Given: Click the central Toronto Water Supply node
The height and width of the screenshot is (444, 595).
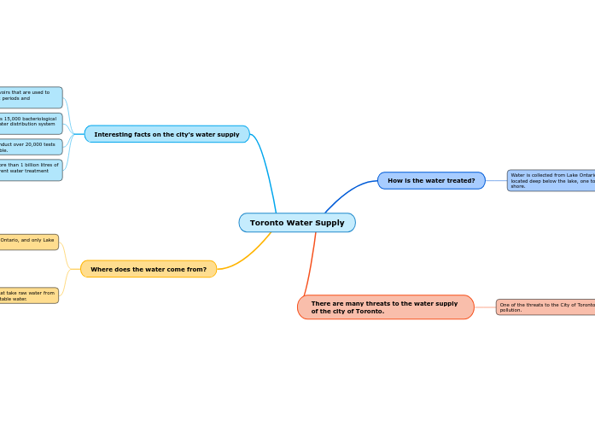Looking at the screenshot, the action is [x=297, y=223].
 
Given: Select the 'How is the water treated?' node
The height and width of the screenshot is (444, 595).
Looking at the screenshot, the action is [x=431, y=180].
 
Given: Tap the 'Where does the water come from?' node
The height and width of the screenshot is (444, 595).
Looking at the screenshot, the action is [x=149, y=269].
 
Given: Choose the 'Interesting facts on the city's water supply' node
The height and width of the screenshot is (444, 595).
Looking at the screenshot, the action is [x=166, y=134].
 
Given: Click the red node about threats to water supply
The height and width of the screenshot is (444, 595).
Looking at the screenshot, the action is [x=385, y=307].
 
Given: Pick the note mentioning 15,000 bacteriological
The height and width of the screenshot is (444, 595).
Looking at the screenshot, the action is [x=30, y=122].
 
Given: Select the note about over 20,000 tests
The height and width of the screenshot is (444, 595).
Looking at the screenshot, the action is [x=30, y=147].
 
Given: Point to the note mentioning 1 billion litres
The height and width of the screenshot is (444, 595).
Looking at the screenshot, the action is [x=30, y=169].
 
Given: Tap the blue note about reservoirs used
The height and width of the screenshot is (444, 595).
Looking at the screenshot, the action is [x=30, y=96].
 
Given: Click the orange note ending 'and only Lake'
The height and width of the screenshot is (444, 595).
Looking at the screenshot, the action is [x=28, y=242].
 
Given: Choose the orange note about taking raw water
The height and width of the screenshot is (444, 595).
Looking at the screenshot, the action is [x=28, y=295].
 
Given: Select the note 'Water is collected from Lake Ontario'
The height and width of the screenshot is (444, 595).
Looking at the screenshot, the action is [x=551, y=180].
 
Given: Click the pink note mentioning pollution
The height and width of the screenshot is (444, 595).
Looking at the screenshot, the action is [x=545, y=307].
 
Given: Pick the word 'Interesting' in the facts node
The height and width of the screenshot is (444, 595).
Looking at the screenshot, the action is [x=112, y=134].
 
